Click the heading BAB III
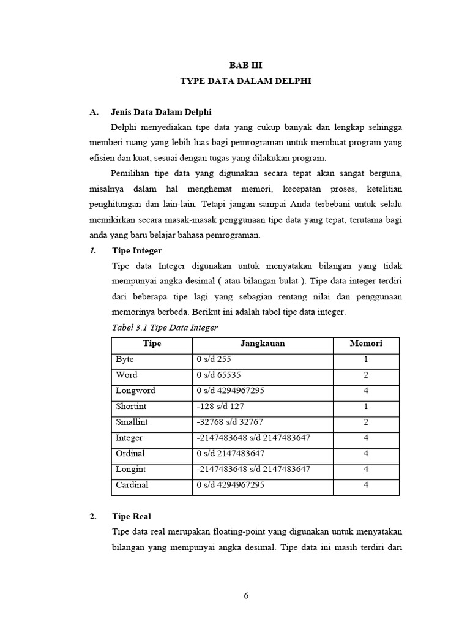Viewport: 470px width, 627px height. click(x=245, y=64)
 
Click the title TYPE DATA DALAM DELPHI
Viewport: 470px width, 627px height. click(x=245, y=81)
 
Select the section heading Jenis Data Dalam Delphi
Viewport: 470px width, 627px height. click(x=161, y=112)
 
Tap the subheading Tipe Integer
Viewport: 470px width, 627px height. click(x=137, y=250)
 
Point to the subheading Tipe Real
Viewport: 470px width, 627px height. click(x=131, y=516)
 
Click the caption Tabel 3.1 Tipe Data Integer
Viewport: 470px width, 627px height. click(x=165, y=328)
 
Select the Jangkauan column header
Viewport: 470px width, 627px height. click(x=262, y=344)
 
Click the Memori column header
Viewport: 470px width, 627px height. click(x=365, y=344)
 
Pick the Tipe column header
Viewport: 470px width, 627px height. click(x=151, y=344)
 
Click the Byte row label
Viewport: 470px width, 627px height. click(x=125, y=359)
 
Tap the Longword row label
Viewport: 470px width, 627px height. click(x=135, y=391)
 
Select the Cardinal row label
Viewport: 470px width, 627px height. click(x=132, y=485)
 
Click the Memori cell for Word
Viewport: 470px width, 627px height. click(x=365, y=375)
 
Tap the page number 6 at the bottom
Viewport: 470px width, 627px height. click(x=245, y=595)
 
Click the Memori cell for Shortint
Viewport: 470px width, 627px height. click(x=365, y=407)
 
